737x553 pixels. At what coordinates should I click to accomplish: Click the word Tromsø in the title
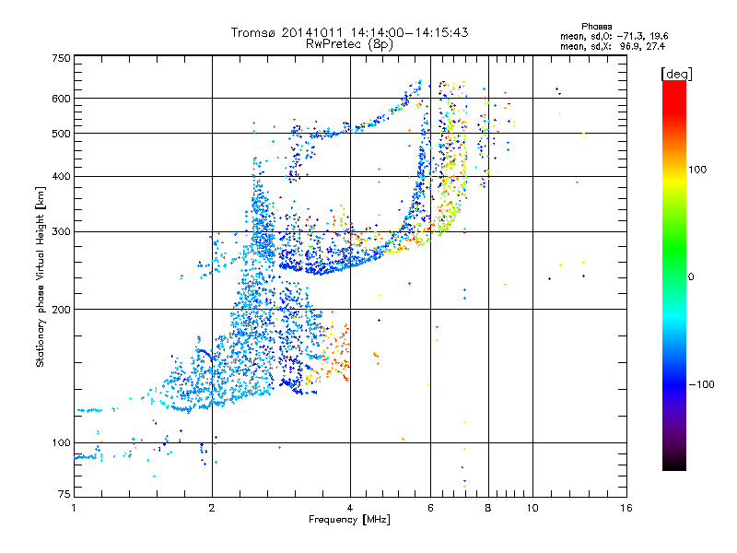253,32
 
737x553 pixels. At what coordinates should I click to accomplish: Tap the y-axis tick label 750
61,58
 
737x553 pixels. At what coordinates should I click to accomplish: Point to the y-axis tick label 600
61,98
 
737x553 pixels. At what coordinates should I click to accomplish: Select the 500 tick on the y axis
61,133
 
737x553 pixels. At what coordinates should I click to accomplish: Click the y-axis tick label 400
61,176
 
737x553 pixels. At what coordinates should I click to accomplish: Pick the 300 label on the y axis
61,231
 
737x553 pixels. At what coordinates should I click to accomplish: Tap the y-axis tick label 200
61,309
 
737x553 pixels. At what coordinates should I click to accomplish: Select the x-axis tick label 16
626,508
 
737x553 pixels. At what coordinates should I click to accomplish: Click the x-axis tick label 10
532,508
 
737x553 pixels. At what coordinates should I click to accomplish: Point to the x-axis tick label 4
350,508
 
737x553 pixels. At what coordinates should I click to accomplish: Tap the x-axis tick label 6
431,508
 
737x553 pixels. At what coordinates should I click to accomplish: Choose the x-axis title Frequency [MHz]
349,520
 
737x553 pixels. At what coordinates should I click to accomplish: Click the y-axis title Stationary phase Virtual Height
41,276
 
